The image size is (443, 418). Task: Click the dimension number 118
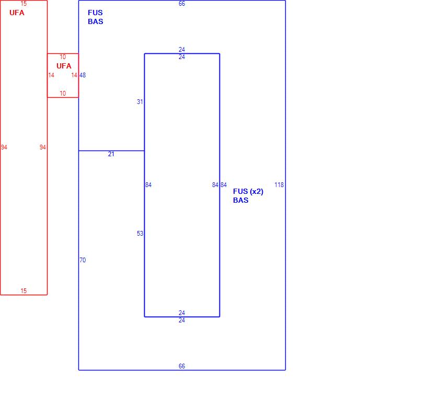279,185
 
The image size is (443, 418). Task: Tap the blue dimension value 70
83,260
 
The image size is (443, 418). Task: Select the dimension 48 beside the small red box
83,75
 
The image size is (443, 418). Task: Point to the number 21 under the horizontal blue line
111,154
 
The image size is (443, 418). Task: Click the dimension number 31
140,102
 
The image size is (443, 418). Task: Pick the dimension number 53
140,234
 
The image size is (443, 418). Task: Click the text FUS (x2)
248,192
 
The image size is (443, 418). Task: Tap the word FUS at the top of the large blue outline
95,13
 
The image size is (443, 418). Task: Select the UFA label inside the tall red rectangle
17,13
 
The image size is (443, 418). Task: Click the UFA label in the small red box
64,66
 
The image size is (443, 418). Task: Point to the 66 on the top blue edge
182,4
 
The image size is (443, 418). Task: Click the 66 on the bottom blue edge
182,366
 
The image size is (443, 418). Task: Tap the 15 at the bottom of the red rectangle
24,291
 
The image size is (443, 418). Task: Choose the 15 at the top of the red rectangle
24,4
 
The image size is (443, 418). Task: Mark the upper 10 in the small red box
63,57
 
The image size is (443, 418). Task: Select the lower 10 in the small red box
63,94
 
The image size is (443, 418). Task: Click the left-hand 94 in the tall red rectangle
4,147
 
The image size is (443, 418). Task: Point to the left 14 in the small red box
51,75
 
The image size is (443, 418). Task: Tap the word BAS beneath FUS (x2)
240,201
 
